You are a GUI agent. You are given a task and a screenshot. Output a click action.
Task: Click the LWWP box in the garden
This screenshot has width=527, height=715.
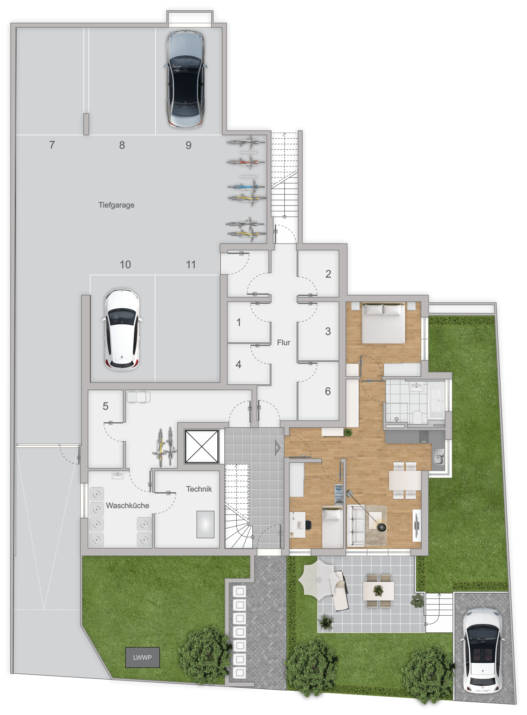coord(142,657)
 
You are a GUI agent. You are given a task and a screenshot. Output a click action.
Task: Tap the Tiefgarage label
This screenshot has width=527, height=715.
coord(116,205)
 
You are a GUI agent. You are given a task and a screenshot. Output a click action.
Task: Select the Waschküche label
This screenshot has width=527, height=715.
coord(127,505)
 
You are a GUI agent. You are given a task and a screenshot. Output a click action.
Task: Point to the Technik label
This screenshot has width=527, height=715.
coord(199,489)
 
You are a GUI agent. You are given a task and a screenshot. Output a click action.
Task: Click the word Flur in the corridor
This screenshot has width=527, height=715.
coord(283,342)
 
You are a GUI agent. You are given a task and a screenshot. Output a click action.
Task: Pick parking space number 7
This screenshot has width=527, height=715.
coord(52,145)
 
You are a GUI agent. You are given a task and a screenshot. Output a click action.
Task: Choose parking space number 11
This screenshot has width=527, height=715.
coord(191,264)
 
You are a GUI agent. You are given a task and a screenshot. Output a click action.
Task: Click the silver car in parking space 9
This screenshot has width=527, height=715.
coord(185,79)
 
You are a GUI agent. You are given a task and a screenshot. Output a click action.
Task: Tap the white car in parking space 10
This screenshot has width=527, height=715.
coord(122,330)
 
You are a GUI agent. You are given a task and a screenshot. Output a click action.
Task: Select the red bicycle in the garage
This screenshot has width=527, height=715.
coord(246,162)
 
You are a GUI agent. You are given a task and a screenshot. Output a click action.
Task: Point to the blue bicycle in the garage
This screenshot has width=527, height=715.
coord(246,186)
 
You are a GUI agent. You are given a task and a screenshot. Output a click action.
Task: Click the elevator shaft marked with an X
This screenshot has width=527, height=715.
coord(202,446)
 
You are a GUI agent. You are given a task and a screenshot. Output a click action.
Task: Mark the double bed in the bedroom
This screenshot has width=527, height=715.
coord(383,323)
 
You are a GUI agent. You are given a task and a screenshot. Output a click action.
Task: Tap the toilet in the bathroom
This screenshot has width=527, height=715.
coord(417,416)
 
